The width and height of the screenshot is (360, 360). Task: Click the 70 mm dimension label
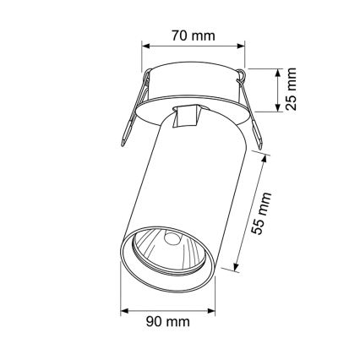[x=193, y=36]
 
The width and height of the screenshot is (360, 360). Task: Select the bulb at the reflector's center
[x=172, y=239]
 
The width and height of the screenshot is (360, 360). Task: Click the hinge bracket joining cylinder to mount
[x=185, y=118]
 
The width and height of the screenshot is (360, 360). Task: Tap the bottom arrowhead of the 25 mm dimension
[x=280, y=108]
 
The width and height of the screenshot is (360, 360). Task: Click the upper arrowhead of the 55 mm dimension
[x=269, y=158]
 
